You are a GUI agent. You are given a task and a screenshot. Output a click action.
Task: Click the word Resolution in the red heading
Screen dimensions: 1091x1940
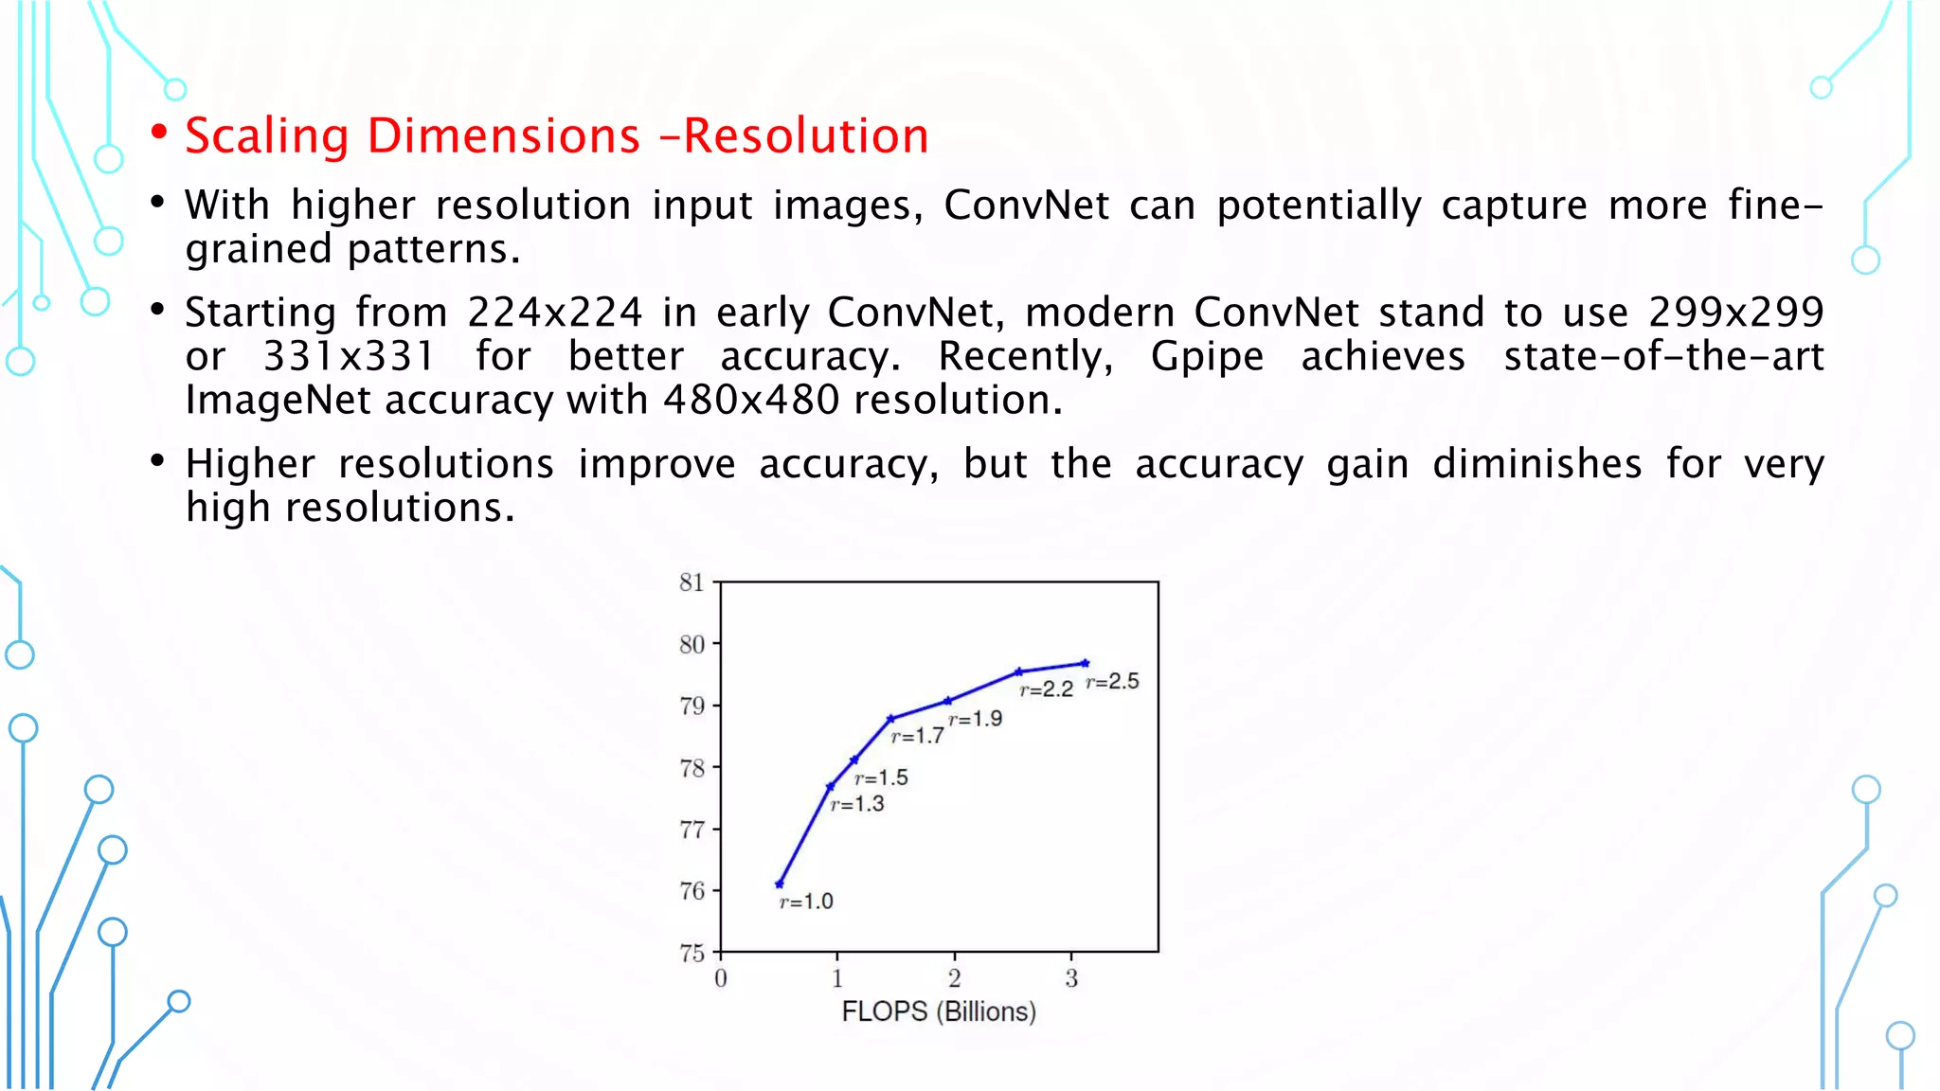point(805,135)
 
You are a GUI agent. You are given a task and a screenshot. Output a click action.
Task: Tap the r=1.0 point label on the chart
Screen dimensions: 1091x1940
point(806,902)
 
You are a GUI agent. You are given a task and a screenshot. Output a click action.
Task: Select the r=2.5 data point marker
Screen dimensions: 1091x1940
point(1086,663)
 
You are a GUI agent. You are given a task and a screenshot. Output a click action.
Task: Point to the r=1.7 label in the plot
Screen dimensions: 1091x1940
point(917,736)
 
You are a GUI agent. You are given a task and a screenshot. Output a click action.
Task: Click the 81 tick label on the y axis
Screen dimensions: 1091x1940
point(692,582)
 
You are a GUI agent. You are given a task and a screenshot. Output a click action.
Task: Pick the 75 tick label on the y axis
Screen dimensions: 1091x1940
point(692,953)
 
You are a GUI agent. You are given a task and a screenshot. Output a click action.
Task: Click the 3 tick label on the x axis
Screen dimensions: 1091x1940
point(1071,978)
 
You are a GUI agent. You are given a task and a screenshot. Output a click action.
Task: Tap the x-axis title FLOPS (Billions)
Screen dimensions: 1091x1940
point(939,1011)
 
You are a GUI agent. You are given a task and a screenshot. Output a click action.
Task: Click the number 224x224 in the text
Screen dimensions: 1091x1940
point(554,313)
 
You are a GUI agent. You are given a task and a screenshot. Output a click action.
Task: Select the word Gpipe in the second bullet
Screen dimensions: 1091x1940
point(1207,357)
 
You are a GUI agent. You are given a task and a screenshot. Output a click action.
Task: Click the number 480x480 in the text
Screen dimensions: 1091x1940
point(751,401)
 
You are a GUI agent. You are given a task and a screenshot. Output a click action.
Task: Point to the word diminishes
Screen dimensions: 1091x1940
point(1536,464)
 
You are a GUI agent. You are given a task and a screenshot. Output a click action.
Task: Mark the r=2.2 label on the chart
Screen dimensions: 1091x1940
point(1046,689)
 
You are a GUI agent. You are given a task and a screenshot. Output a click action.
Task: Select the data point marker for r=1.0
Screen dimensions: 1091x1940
point(780,884)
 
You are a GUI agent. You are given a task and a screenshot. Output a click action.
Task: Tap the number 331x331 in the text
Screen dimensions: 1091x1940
point(349,357)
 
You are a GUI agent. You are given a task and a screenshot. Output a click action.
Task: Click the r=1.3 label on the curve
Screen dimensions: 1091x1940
point(857,804)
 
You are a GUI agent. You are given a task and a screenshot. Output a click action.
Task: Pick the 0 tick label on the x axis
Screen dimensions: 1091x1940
point(721,978)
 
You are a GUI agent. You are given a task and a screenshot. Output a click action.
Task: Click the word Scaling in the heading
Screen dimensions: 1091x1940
point(267,135)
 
